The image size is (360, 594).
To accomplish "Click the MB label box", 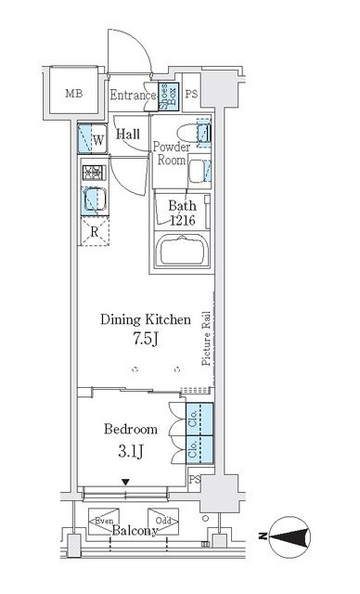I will (71, 94).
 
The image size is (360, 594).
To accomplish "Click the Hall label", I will (128, 134).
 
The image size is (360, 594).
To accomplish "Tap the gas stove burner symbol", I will (93, 173).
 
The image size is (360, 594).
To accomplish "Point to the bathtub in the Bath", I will (186, 252).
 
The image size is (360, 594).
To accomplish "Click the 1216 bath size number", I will (183, 220).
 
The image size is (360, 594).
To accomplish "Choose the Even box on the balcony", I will (103, 522).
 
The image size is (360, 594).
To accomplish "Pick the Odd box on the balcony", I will (161, 522).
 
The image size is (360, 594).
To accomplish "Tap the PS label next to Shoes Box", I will (192, 94).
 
